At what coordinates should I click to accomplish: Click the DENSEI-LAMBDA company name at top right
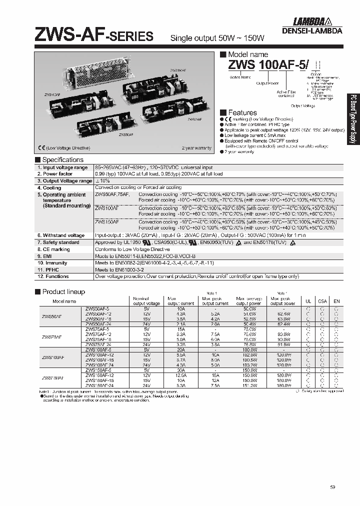(317, 30)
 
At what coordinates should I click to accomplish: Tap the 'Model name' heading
(247, 54)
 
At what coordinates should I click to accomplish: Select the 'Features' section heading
(242, 112)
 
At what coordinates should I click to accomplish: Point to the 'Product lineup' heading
(63, 291)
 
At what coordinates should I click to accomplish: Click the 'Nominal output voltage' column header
(146, 300)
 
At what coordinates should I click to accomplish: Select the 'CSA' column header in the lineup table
(322, 301)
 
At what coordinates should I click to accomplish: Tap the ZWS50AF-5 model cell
(101, 308)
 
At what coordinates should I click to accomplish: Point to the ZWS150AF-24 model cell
(103, 385)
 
